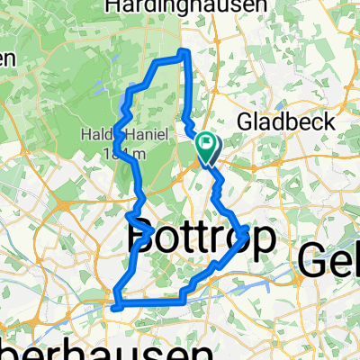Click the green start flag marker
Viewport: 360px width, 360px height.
point(208,143)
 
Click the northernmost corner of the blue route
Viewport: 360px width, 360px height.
point(185,51)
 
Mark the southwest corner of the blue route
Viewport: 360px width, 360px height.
point(116,306)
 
